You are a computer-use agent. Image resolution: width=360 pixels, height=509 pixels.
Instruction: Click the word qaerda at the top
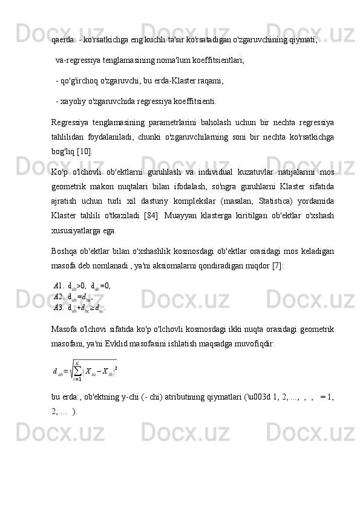64,41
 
